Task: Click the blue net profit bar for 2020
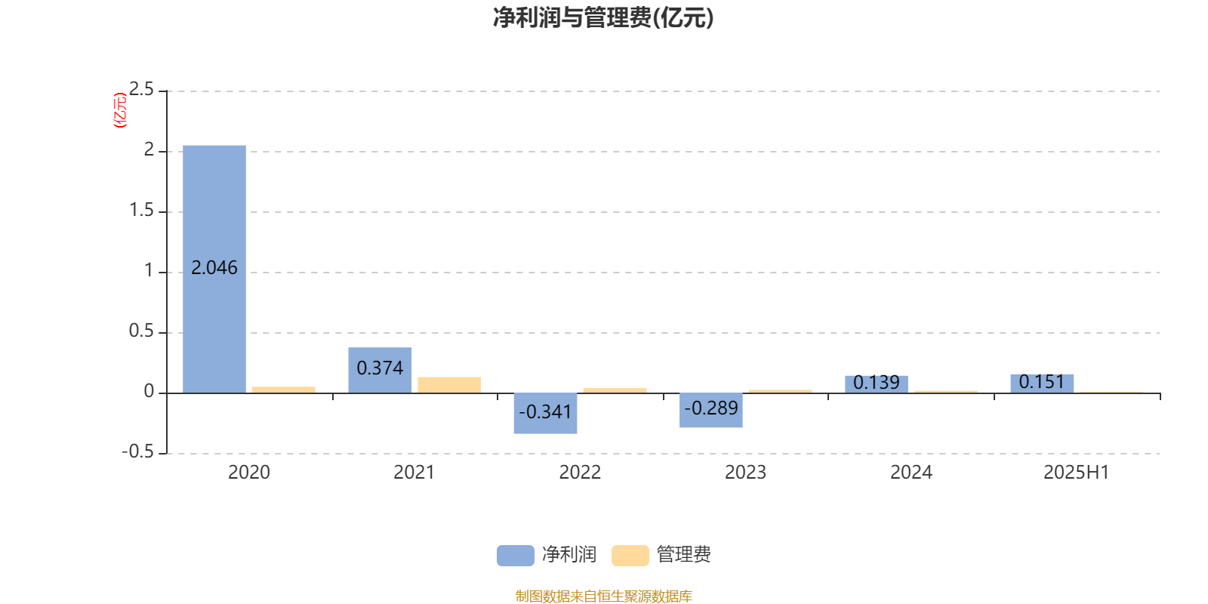click(214, 269)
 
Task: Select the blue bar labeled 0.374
click(380, 370)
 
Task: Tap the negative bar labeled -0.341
click(545, 413)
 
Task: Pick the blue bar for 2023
click(710, 411)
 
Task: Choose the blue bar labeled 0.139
click(877, 384)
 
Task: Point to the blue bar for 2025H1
click(1042, 384)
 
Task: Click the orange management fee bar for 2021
click(449, 385)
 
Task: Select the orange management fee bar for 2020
click(284, 390)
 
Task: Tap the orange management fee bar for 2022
click(615, 390)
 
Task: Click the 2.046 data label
click(214, 267)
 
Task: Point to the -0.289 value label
click(710, 408)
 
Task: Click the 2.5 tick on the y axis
click(141, 89)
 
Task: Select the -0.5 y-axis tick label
click(138, 451)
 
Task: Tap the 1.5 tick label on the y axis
click(141, 210)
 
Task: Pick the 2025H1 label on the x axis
click(1077, 473)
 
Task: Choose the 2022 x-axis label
click(580, 473)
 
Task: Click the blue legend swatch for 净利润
click(516, 556)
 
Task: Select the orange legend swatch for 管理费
click(630, 556)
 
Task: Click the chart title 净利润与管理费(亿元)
click(603, 18)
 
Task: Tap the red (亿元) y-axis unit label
click(120, 110)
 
